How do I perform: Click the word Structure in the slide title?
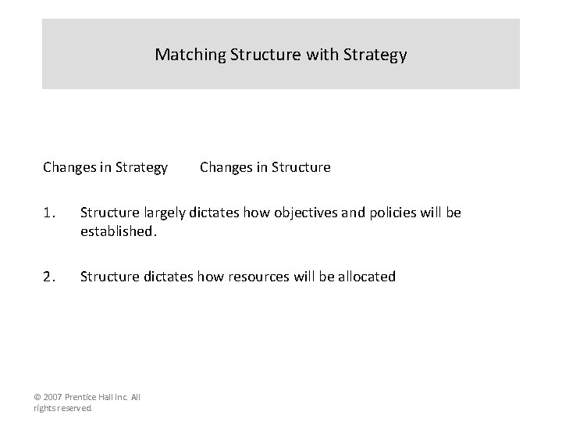[x=264, y=55]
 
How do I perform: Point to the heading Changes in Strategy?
[x=105, y=167]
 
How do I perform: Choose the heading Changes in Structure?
[x=265, y=167]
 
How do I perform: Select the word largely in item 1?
[x=162, y=213]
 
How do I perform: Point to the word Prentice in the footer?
[x=83, y=397]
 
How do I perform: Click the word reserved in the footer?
[x=75, y=408]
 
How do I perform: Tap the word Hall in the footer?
[x=108, y=397]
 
